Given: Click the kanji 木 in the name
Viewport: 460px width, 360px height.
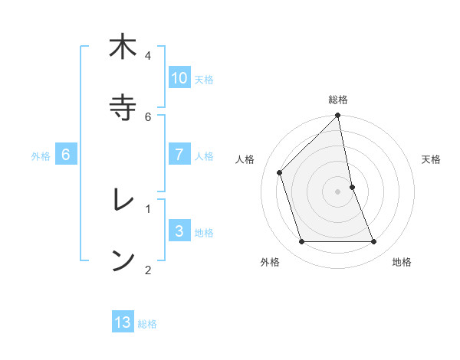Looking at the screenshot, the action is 122,48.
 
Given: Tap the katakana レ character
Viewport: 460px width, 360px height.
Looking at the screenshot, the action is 122,200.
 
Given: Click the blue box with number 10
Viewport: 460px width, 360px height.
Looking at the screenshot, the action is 179,78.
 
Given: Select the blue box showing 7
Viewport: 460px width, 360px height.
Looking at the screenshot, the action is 179,154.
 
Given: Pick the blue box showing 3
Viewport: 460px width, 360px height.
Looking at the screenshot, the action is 179,231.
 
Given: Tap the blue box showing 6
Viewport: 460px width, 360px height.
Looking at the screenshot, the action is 66,155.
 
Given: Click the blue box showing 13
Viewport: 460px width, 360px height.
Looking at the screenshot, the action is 123,322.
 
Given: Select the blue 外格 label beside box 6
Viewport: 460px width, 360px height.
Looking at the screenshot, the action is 41,156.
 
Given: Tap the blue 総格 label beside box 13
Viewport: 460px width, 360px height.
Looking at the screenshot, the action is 147,324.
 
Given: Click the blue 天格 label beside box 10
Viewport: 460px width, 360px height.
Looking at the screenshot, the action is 204,80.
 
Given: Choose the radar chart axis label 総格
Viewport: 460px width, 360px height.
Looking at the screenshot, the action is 338,100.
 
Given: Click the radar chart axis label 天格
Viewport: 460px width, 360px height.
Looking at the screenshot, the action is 432,159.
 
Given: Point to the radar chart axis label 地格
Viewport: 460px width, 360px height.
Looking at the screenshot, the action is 402,262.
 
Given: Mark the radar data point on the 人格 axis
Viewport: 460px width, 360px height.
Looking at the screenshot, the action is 280,172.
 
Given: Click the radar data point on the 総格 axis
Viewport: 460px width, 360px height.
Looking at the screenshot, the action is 338,116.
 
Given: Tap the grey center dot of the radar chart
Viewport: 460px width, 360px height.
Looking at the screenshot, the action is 338,191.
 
